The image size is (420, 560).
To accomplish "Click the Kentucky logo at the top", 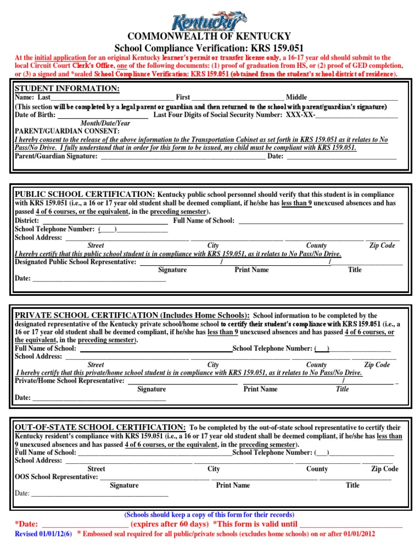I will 209,22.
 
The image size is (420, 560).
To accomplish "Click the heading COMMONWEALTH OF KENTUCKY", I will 209,38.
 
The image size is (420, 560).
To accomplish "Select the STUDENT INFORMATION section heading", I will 67,89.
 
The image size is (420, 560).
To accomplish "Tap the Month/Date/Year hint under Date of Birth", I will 106,124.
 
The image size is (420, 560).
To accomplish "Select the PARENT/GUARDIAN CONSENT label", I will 67,132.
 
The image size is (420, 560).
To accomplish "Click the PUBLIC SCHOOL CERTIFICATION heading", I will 85,194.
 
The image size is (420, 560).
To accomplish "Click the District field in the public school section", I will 104,220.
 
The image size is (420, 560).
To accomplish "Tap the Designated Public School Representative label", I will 75,262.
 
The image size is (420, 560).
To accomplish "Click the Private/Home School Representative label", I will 69,380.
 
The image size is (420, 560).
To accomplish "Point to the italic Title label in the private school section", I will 342,389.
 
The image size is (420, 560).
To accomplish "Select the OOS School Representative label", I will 56,477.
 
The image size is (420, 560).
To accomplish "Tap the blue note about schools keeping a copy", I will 209,515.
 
